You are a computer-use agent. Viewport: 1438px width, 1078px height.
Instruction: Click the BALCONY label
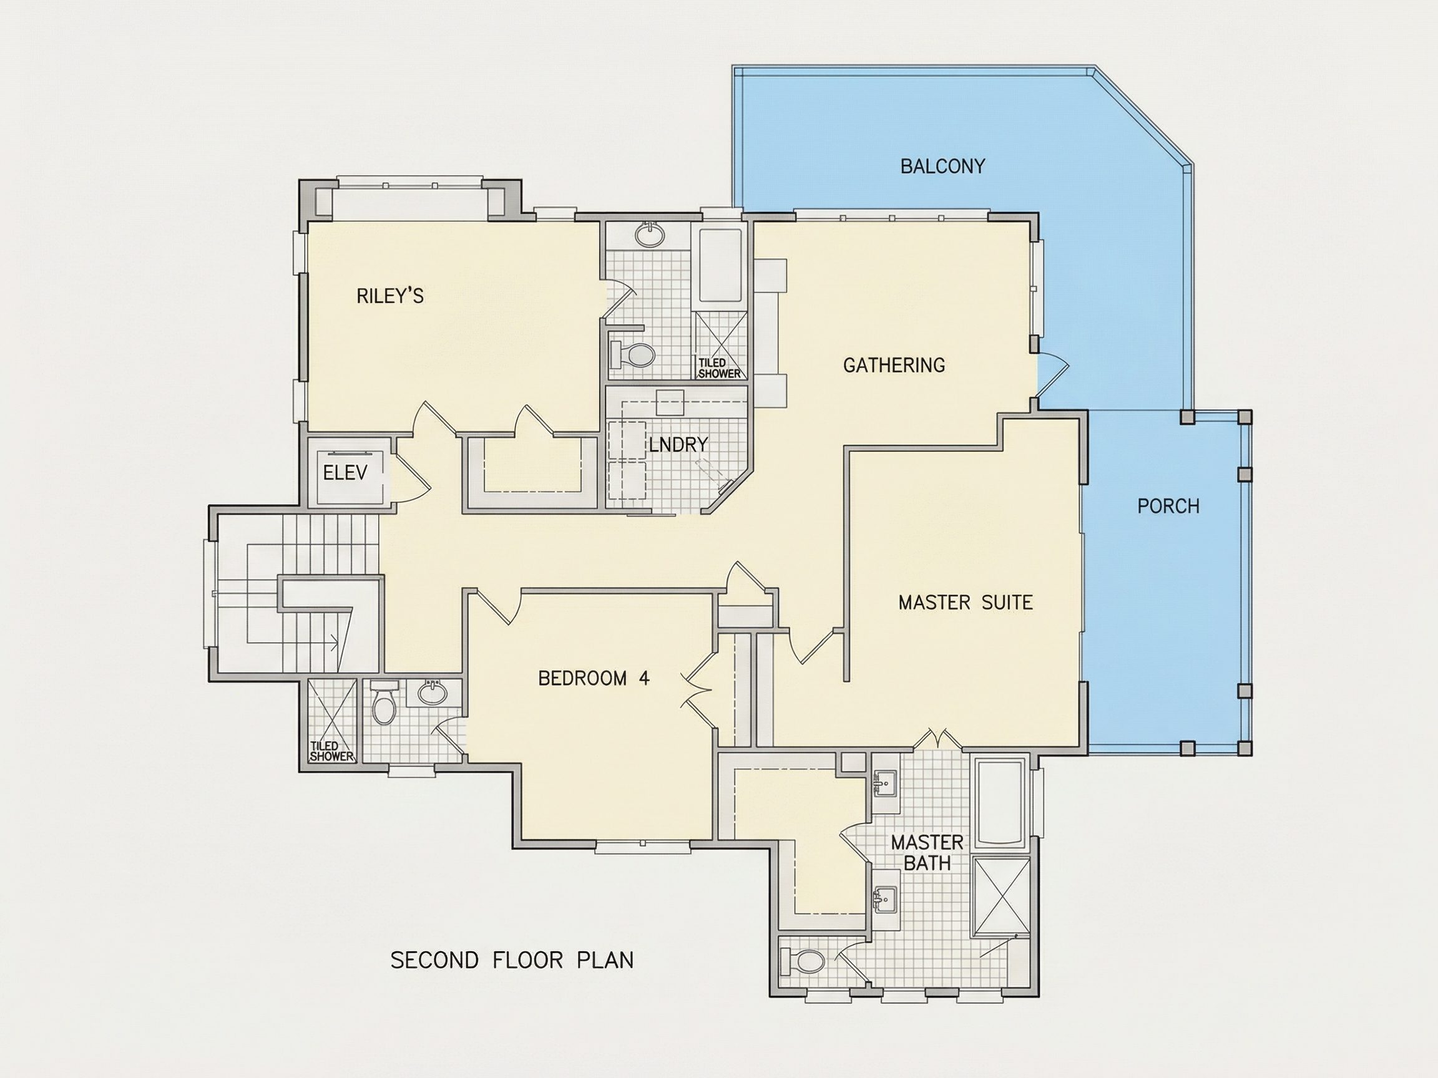[942, 167]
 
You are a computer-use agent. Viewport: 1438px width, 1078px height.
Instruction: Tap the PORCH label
[1168, 506]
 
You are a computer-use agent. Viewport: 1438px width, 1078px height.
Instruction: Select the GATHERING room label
[894, 365]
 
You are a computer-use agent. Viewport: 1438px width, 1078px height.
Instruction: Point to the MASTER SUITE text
[966, 603]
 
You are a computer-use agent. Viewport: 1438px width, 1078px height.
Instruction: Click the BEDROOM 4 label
[594, 678]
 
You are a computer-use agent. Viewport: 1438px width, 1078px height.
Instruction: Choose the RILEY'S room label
[390, 296]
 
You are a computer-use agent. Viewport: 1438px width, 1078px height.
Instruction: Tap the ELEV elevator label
[345, 473]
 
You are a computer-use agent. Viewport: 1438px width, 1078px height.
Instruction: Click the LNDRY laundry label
[678, 444]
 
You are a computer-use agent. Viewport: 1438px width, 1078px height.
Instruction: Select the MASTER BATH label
[927, 853]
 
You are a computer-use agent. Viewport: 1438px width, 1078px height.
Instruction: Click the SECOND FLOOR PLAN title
[512, 960]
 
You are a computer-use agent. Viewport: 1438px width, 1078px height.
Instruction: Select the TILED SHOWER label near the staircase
[331, 751]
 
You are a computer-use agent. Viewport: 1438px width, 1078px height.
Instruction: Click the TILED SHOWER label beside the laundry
[720, 369]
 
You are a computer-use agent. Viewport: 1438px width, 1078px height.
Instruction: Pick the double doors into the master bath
[937, 738]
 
